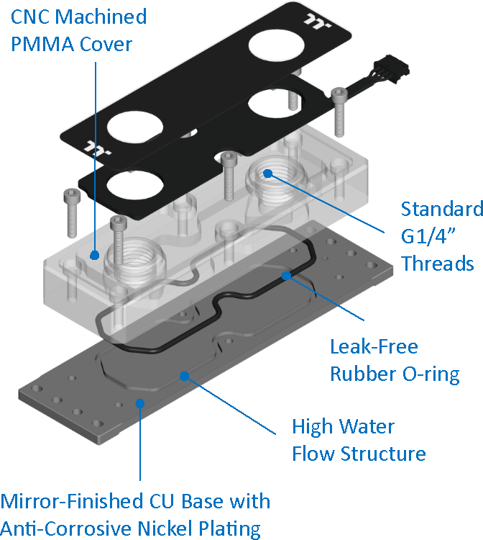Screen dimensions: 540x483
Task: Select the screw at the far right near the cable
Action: (x=339, y=94)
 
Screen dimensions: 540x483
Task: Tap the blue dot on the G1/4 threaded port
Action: (x=267, y=173)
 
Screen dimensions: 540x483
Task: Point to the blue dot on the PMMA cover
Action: (x=94, y=254)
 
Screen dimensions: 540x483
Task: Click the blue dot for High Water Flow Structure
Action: (x=185, y=375)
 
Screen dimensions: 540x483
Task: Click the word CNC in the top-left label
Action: (x=25, y=17)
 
